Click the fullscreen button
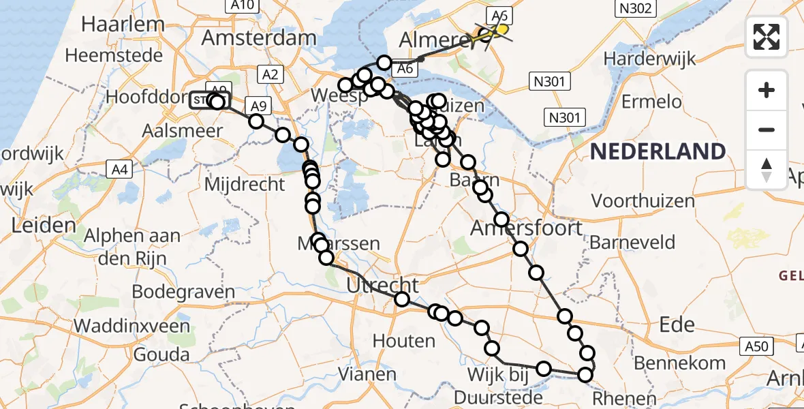point(767,37)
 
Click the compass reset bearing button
point(767,169)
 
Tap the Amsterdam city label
point(249,37)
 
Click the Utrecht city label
point(382,286)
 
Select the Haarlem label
point(123,25)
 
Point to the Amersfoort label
point(527,228)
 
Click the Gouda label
point(161,354)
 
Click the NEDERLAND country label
point(658,151)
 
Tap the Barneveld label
point(632,243)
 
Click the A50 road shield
point(756,346)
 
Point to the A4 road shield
point(119,168)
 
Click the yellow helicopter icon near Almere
point(499,30)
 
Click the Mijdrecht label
point(245,184)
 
